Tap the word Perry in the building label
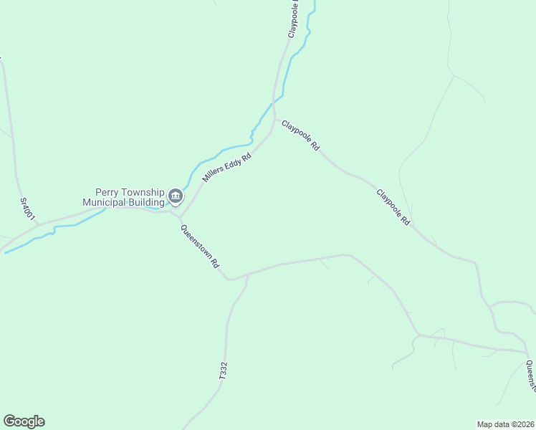[109, 193]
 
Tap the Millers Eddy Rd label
[226, 168]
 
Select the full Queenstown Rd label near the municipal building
[200, 247]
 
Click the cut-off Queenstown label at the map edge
[531, 376]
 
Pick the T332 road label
[223, 371]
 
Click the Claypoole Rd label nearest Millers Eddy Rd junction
[300, 135]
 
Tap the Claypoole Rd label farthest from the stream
[393, 208]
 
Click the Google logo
[24, 421]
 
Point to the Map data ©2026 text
[505, 424]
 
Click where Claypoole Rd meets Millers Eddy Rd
[274, 120]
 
